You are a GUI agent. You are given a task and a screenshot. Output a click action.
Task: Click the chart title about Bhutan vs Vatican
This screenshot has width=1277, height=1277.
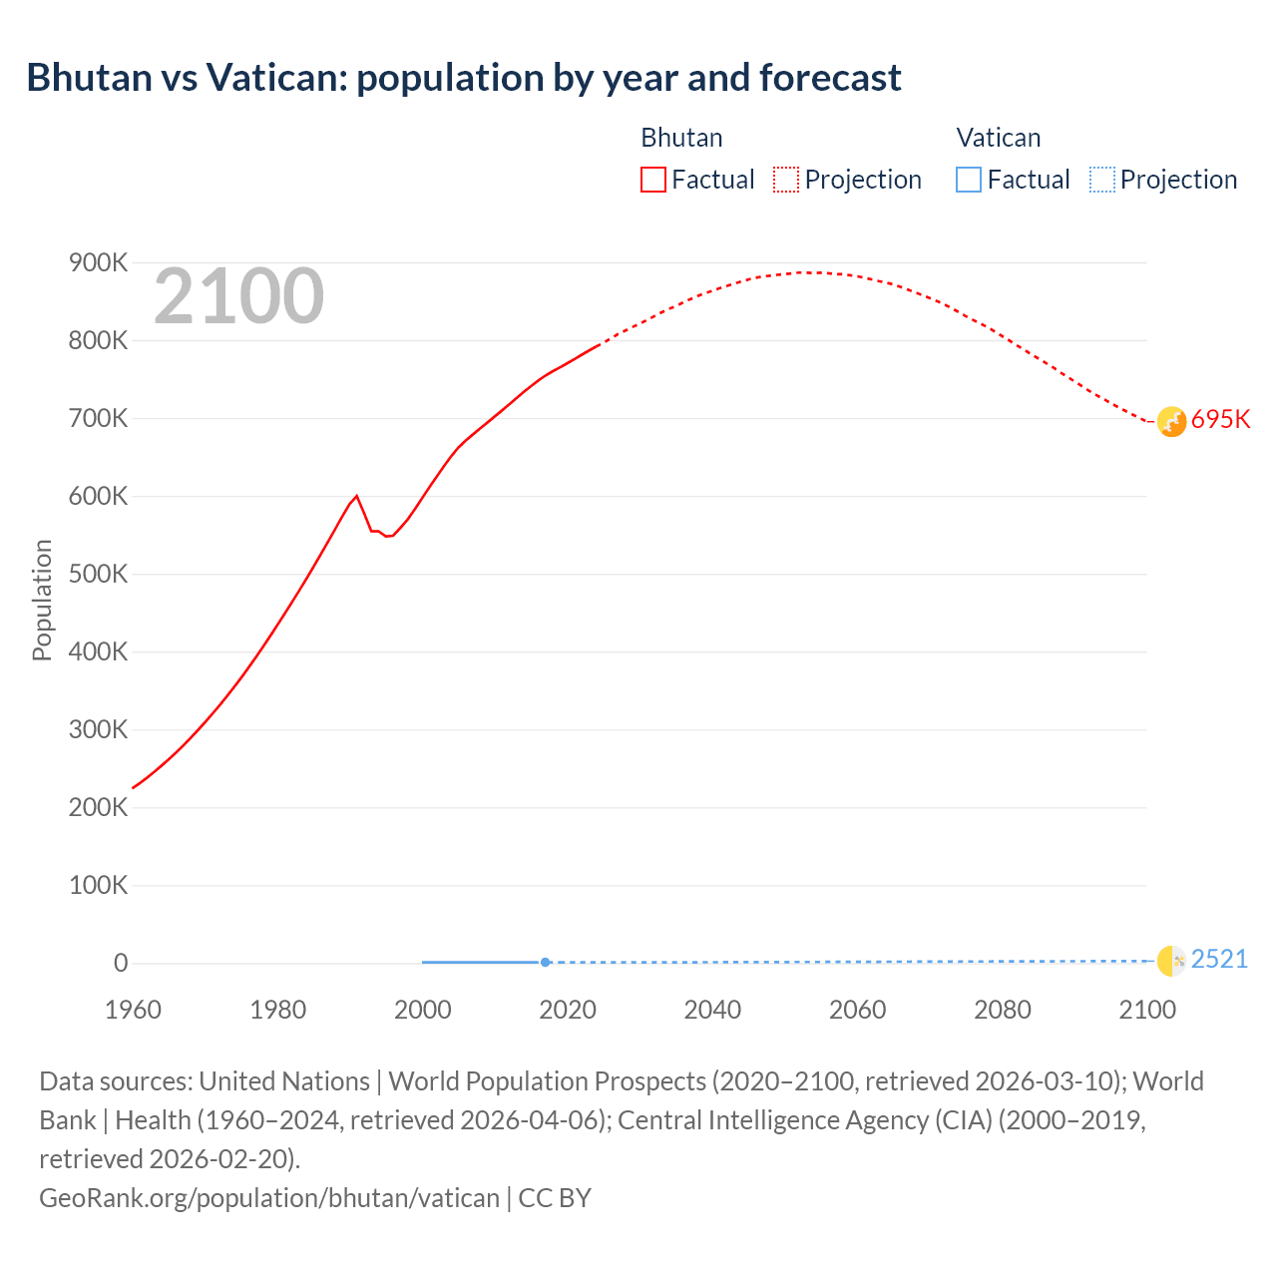[464, 78]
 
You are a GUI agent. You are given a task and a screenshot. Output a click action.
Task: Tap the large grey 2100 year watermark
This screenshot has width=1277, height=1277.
[238, 296]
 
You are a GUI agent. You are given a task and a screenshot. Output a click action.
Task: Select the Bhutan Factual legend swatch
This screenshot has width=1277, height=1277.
[652, 180]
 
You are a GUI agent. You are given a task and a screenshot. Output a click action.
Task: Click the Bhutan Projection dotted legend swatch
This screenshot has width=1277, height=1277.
[786, 180]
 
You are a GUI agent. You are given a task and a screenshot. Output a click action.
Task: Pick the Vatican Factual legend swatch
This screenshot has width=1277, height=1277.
[968, 180]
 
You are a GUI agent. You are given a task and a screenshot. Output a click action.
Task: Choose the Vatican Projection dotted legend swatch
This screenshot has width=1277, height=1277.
[1101, 180]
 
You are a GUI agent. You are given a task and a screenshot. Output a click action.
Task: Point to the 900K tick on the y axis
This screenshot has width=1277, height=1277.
[98, 263]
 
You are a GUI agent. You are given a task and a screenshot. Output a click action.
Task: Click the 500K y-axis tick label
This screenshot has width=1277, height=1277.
[98, 575]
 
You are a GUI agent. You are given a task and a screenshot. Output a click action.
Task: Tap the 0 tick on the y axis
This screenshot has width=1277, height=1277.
[121, 963]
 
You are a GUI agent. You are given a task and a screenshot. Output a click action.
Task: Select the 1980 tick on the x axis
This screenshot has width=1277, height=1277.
[277, 1010]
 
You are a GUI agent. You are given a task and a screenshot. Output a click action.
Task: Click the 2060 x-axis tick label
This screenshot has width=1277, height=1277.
[857, 1010]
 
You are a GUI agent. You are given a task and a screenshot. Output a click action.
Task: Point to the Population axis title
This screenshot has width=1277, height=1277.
[42, 600]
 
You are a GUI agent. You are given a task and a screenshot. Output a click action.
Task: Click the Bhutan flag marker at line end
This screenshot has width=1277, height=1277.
[1171, 421]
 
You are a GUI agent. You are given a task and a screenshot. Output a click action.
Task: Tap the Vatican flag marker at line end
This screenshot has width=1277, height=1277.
[1171, 961]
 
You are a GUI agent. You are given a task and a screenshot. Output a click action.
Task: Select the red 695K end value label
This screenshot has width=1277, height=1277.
[1220, 419]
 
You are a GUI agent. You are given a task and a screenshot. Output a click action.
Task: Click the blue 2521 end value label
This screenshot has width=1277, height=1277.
[1219, 959]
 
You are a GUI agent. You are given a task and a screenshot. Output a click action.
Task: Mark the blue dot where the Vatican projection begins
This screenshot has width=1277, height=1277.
[545, 962]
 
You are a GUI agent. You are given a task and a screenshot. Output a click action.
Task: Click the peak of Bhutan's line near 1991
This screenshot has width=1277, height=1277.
[356, 496]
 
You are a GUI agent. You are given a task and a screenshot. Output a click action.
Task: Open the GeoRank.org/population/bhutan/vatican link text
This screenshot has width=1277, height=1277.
[269, 1197]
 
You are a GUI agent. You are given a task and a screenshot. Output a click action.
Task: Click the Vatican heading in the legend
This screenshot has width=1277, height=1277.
[998, 138]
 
